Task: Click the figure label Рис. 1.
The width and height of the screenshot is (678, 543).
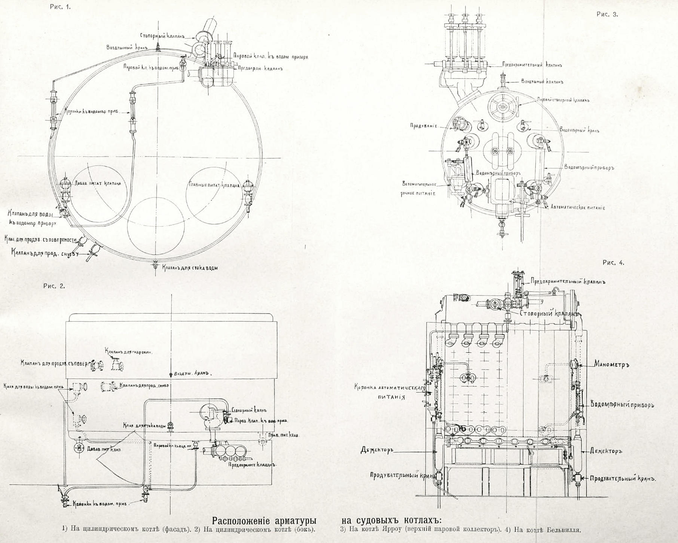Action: pyautogui.click(x=60, y=7)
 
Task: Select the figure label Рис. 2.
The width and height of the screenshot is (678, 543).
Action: pyautogui.click(x=54, y=286)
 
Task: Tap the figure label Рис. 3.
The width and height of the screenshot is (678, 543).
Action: pyautogui.click(x=607, y=14)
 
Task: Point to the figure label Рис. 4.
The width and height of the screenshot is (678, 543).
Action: pyautogui.click(x=613, y=263)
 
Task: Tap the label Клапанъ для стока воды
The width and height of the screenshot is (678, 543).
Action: pyautogui.click(x=190, y=268)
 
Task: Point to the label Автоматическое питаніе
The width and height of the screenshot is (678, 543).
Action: pyautogui.click(x=578, y=207)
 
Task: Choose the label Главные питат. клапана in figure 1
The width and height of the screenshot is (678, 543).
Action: pyautogui.click(x=214, y=185)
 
